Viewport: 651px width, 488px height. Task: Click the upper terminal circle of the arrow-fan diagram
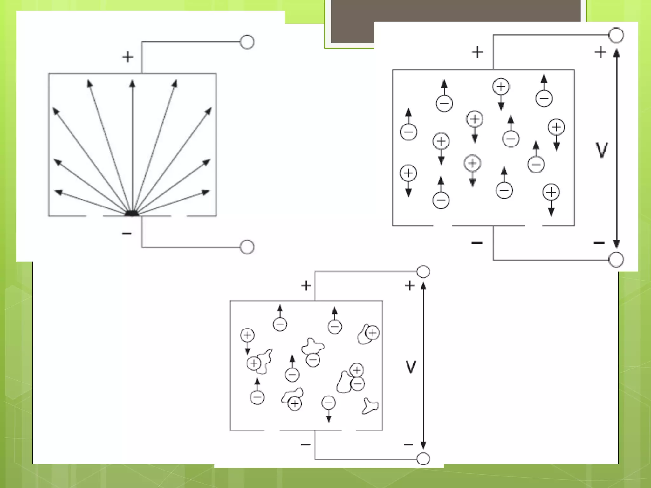click(247, 42)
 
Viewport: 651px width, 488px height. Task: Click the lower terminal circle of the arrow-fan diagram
click(247, 247)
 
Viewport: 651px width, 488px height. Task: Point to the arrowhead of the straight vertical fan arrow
click(132, 84)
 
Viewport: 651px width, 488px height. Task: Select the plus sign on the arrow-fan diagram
click(128, 57)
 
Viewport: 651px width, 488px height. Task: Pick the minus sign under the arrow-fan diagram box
click(127, 234)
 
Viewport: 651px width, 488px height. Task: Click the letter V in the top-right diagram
click(601, 150)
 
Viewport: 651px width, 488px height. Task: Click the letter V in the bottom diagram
click(411, 367)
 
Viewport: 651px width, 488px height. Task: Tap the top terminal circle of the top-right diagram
click(616, 35)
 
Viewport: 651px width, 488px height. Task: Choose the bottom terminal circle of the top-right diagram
click(616, 259)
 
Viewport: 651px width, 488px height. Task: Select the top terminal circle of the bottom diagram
click(423, 272)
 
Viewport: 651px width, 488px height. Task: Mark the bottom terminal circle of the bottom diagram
click(423, 459)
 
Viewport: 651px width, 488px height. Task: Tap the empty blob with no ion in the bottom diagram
click(370, 406)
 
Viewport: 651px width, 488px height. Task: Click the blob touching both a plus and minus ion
click(344, 382)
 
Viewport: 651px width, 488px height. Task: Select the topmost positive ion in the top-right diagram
click(501, 86)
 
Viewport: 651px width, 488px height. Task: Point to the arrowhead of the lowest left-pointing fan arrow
click(58, 192)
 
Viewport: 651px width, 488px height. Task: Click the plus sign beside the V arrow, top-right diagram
click(600, 52)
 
